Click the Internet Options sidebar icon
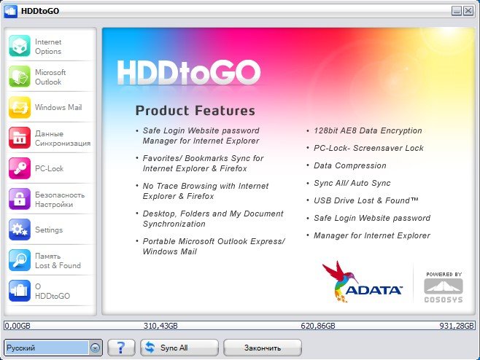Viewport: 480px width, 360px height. pyautogui.click(x=20, y=46)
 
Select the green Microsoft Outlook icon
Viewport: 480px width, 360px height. pyautogui.click(x=20, y=77)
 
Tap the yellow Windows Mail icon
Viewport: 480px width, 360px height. pyautogui.click(x=20, y=107)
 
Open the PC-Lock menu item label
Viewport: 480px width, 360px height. pyautogui.click(x=50, y=168)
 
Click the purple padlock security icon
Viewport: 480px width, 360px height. pyautogui.click(x=20, y=199)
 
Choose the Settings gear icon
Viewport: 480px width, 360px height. pyautogui.click(x=20, y=230)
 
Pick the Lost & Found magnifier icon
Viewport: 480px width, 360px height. pyautogui.click(x=20, y=260)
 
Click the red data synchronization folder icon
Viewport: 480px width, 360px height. pyautogui.click(x=20, y=138)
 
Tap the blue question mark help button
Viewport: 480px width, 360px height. pyautogui.click(x=121, y=348)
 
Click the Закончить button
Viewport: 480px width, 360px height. pyautogui.click(x=263, y=348)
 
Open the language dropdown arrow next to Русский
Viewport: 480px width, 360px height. pyautogui.click(x=96, y=348)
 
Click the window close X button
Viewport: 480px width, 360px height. pyautogui.click(x=468, y=11)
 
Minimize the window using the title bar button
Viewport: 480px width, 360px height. pyautogui.click(x=457, y=11)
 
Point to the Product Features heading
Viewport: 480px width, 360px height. pyautogui.click(x=195, y=111)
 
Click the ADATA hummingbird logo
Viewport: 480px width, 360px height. pyautogui.click(x=362, y=282)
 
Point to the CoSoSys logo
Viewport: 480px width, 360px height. pyautogui.click(x=444, y=288)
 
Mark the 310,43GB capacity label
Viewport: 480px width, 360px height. pyautogui.click(x=160, y=326)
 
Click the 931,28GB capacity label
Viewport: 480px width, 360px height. pyautogui.click(x=457, y=326)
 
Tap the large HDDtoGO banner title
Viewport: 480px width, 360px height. pyautogui.click(x=188, y=72)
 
